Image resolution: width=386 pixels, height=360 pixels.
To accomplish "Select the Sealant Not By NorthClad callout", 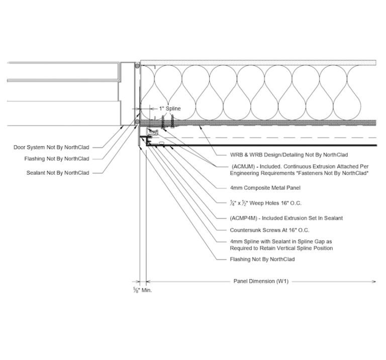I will pos(58,173).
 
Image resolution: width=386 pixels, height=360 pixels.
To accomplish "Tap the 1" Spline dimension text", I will pos(169,108).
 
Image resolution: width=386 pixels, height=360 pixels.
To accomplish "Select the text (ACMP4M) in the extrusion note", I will pos(243,218).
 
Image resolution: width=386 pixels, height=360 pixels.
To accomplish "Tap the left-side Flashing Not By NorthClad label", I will pos(57,159).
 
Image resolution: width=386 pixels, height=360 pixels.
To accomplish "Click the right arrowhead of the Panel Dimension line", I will pos(375,282).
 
